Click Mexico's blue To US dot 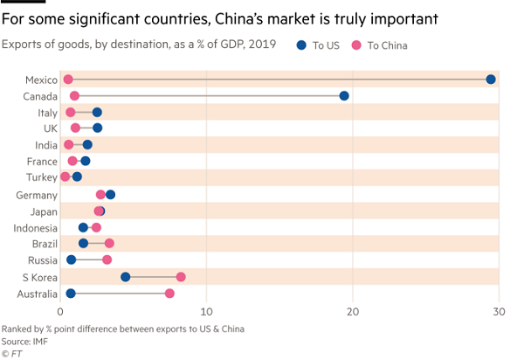coord(491,80)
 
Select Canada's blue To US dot coord(344,96)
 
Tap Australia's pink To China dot coord(169,294)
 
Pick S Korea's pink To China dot coord(181,277)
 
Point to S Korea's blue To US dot coord(126,277)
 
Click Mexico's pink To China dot coord(68,80)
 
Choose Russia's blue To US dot coord(72,260)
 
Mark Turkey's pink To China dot coord(65,177)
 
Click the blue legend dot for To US coord(300,45)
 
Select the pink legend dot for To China coord(355,45)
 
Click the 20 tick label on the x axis coord(353,311)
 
